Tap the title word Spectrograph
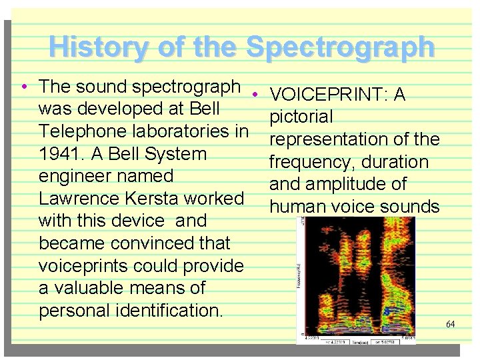coord(340,47)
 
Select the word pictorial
coord(301,117)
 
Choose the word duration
coord(393,162)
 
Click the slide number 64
coord(451,324)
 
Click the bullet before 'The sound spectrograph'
coord(23,87)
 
